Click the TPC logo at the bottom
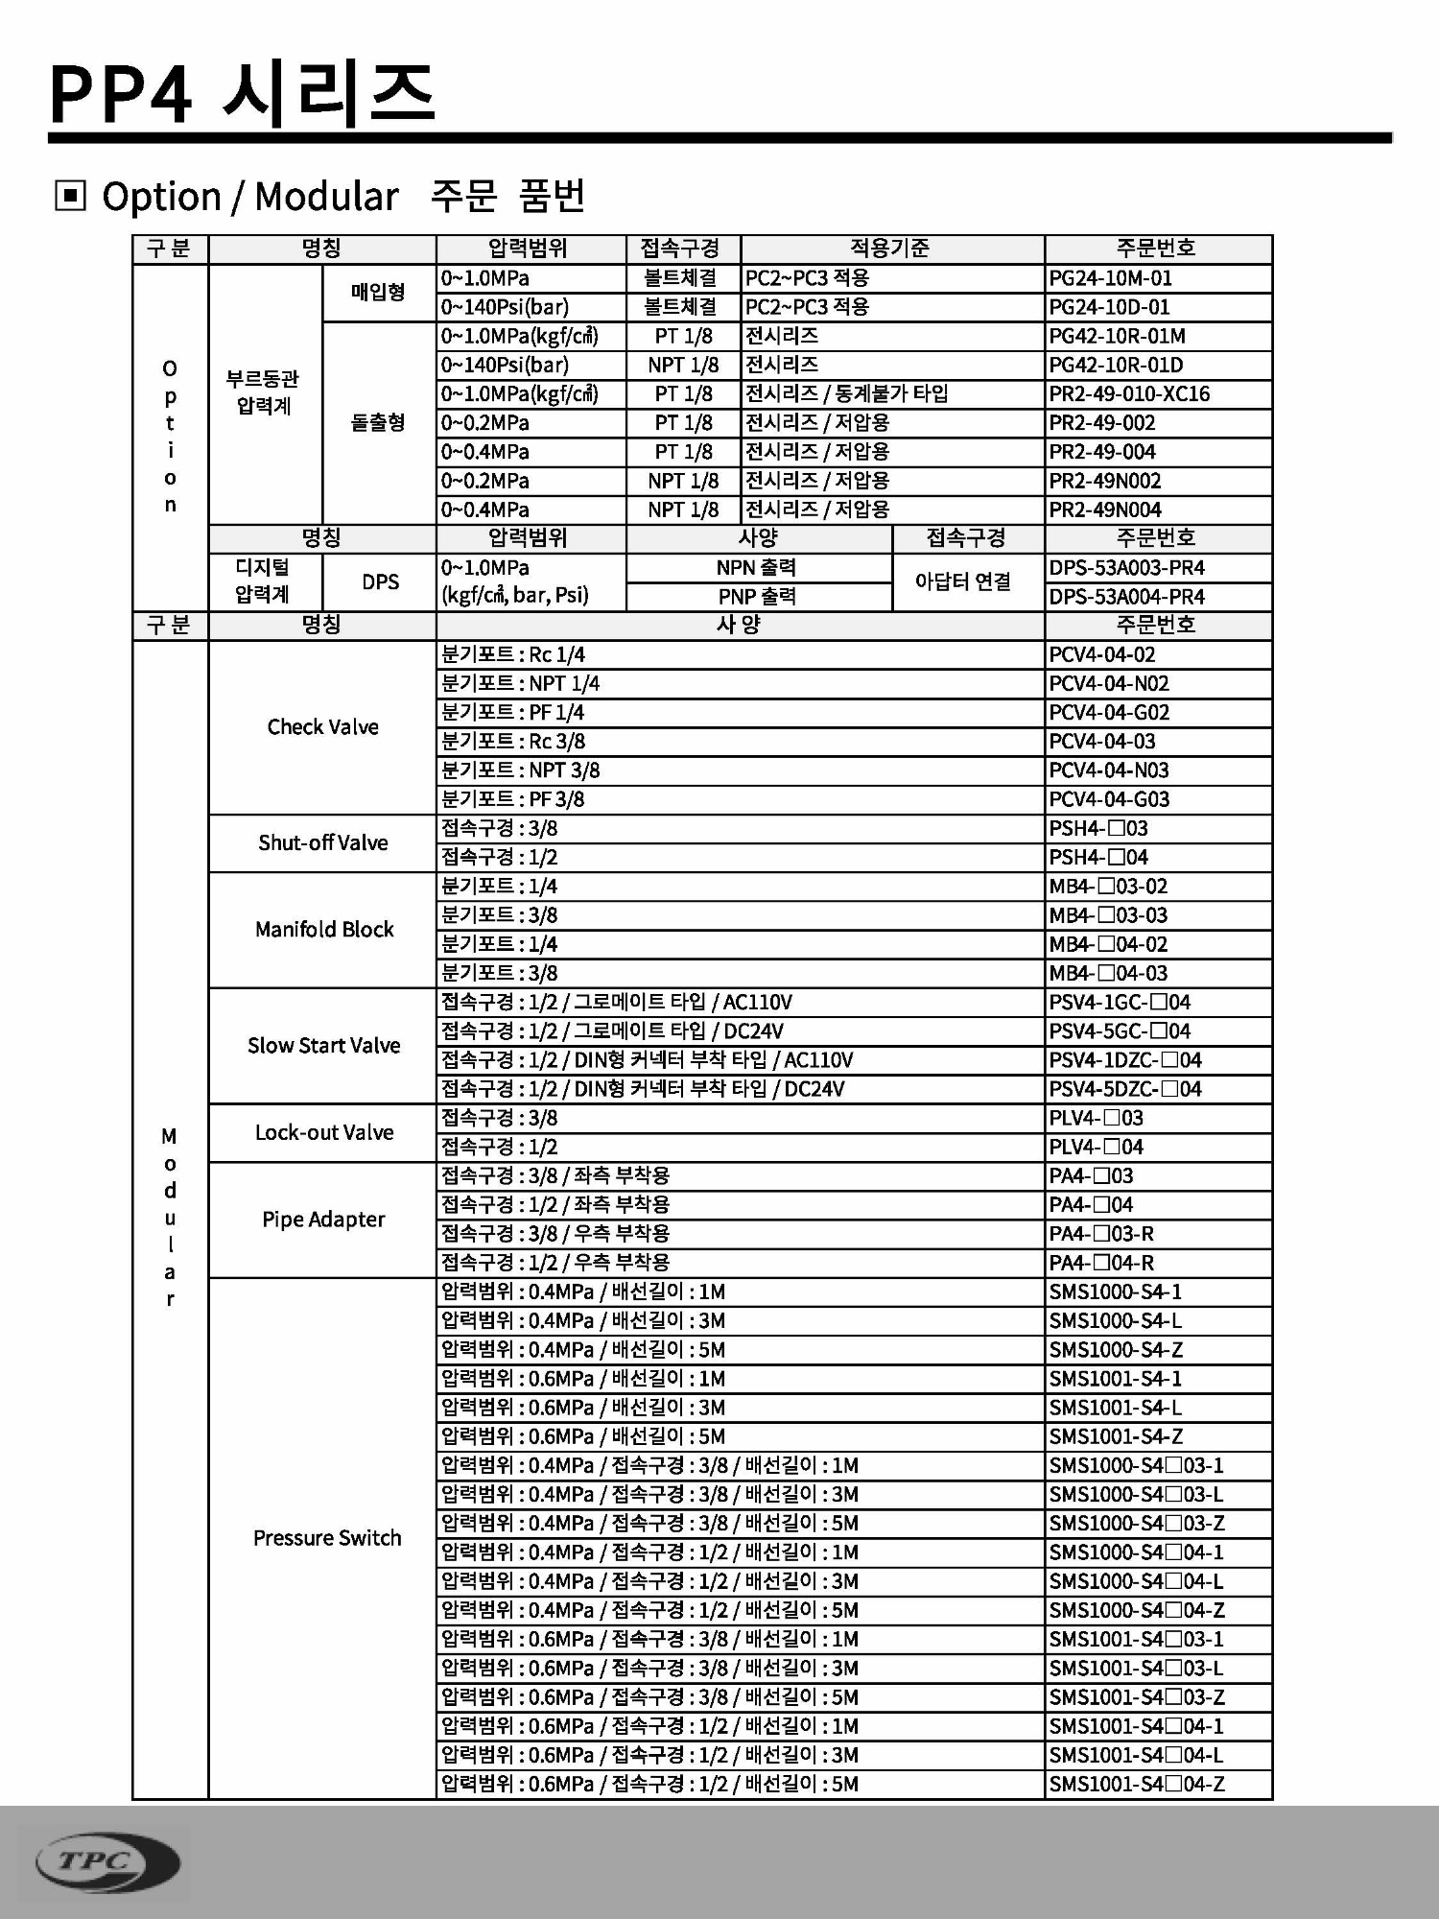[x=107, y=1862]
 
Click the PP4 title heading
[x=242, y=94]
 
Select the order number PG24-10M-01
[x=1110, y=278]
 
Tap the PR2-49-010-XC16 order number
[x=1128, y=393]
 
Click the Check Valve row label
[x=322, y=727]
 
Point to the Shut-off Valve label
[x=322, y=842]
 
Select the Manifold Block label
[x=323, y=929]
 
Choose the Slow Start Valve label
[x=323, y=1045]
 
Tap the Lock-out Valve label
[x=323, y=1132]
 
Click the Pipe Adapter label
[x=323, y=1220]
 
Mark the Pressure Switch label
[x=326, y=1538]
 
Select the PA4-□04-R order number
[x=1101, y=1263]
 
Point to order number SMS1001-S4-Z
[x=1116, y=1436]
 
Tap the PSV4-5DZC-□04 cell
[x=1124, y=1089]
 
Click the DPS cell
[x=380, y=581]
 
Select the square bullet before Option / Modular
[x=70, y=196]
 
